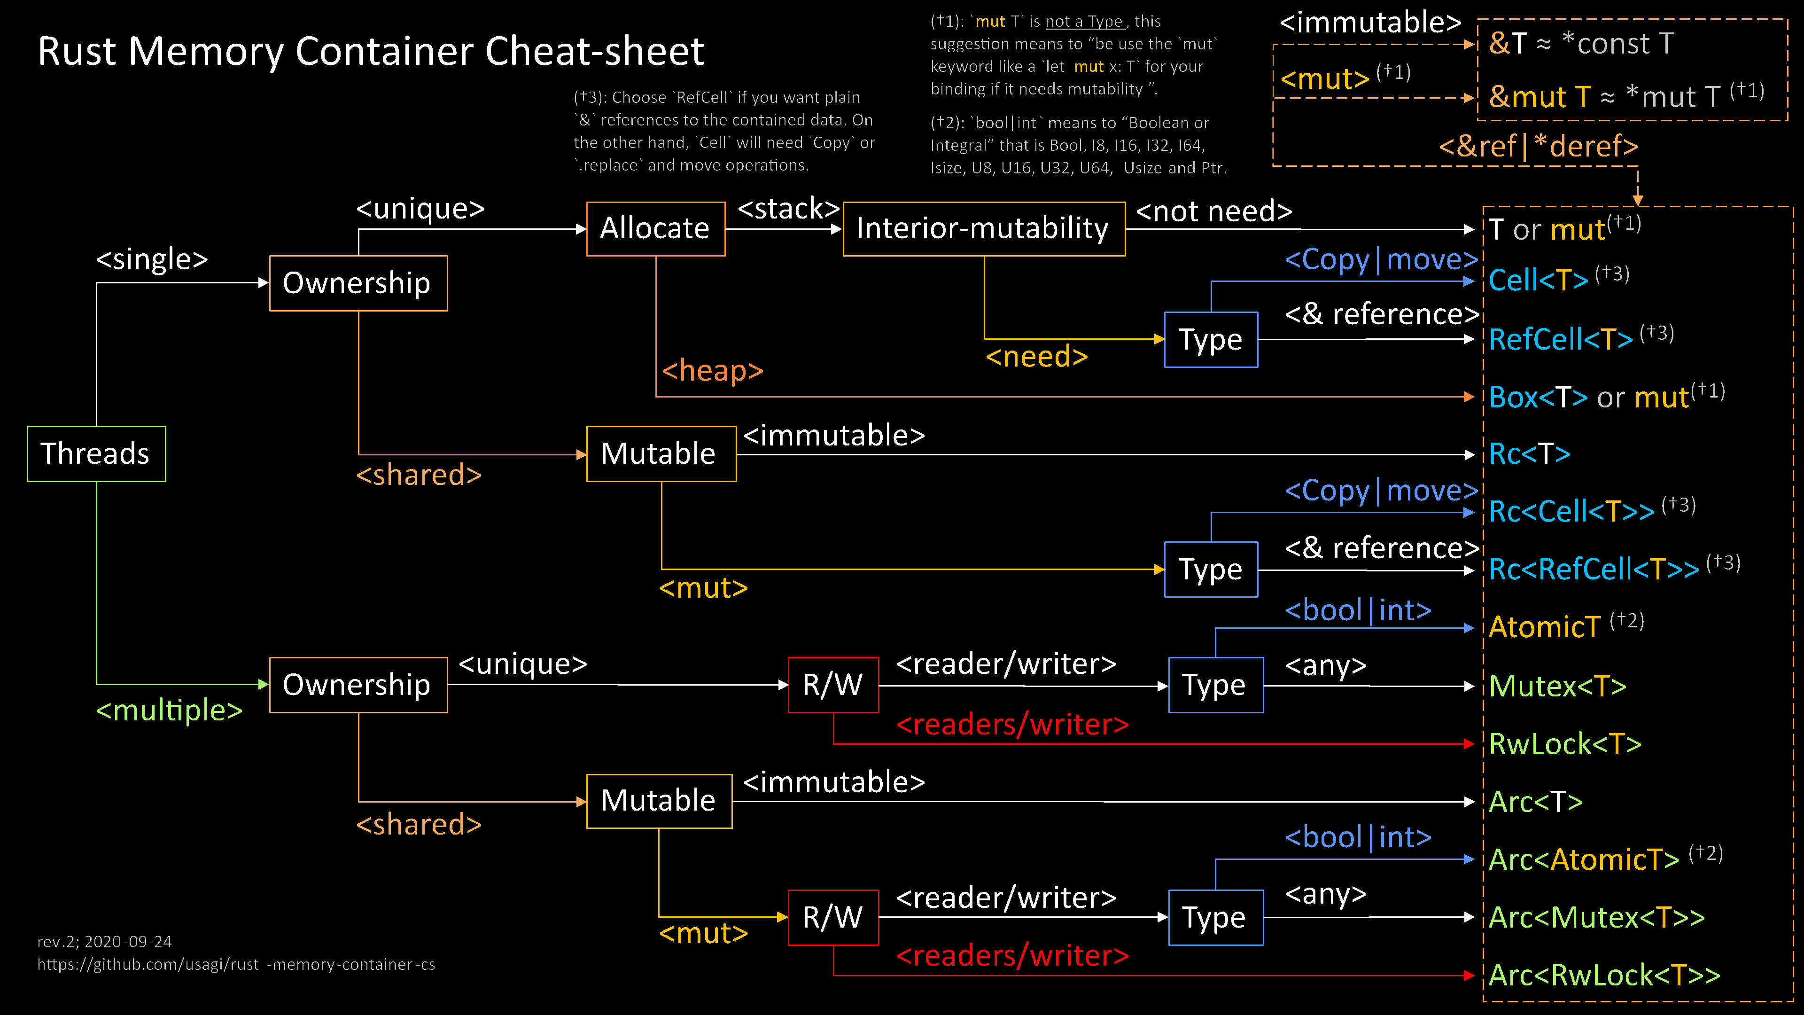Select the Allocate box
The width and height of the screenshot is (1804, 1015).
[x=655, y=228]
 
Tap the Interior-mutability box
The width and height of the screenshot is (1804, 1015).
[x=983, y=228]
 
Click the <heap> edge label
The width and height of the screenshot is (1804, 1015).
[x=712, y=370]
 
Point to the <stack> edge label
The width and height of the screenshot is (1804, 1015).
[x=788, y=208]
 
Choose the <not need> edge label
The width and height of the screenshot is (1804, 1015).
[x=1213, y=211]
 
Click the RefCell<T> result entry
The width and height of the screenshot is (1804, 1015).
[x=1560, y=339]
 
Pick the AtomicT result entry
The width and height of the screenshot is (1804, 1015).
[x=1544, y=627]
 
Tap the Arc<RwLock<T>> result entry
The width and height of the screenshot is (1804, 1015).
[x=1604, y=975]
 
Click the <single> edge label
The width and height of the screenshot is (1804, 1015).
[x=152, y=259]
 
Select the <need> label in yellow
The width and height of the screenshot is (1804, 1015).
[x=1036, y=357]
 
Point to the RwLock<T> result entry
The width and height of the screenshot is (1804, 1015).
[x=1564, y=744]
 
